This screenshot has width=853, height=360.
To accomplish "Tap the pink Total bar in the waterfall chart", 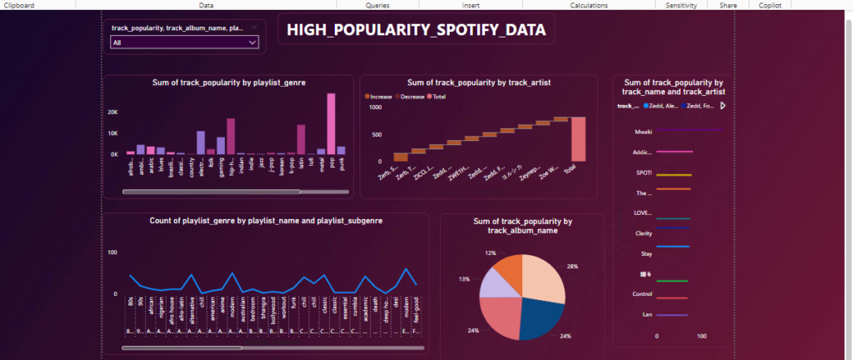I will pyautogui.click(x=579, y=138).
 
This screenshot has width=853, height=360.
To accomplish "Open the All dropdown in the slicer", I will pyautogui.click(x=183, y=40).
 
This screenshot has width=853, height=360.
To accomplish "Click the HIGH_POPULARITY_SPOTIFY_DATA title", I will pyautogui.click(x=417, y=31).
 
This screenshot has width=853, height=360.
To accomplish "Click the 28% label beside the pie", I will pyautogui.click(x=572, y=266).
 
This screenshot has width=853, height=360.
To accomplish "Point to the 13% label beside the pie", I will pyautogui.click(x=464, y=280).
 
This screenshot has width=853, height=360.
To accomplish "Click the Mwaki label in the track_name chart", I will pyautogui.click(x=642, y=131).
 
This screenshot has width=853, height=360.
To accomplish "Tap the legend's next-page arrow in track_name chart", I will pyautogui.click(x=723, y=106).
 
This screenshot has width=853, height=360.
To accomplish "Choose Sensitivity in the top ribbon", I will pyautogui.click(x=681, y=5).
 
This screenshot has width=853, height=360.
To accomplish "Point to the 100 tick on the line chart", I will pyautogui.click(x=112, y=252).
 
